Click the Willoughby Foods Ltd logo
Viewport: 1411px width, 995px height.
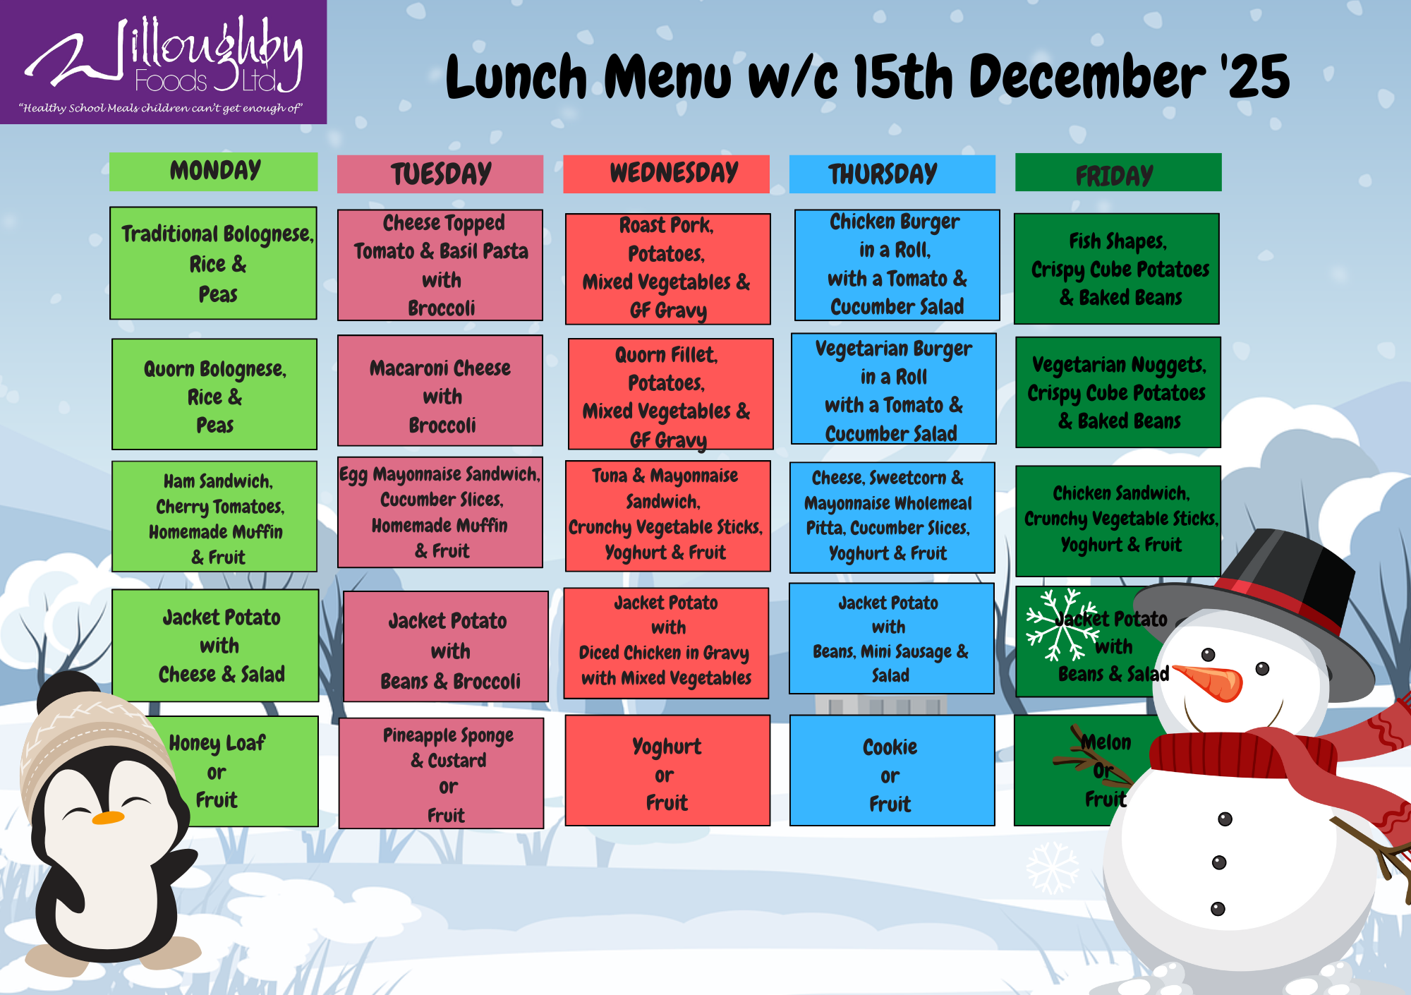[x=163, y=62]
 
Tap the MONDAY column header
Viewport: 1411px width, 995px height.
[x=213, y=171]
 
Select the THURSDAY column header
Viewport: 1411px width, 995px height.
[x=892, y=174]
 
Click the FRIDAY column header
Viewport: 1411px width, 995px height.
[x=1118, y=172]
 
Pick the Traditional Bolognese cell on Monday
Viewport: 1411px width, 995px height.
[x=213, y=263]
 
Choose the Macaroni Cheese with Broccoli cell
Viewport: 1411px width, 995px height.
[x=440, y=391]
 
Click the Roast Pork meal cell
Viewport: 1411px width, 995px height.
[x=667, y=269]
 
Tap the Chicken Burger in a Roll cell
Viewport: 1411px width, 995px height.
[x=897, y=265]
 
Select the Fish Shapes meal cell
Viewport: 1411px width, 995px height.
[x=1117, y=269]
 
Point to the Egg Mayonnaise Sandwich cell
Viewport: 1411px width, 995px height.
[x=440, y=513]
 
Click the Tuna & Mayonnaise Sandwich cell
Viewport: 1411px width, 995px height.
[x=667, y=516]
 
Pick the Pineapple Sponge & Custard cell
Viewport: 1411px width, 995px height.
[x=442, y=773]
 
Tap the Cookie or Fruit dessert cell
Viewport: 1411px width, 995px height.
[x=892, y=771]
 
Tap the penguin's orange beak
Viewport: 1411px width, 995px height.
[x=108, y=818]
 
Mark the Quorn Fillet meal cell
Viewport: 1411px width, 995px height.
[x=671, y=394]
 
